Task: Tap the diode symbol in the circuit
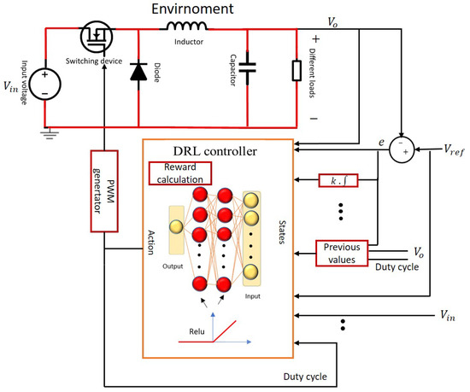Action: (x=138, y=73)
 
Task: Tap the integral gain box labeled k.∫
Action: (x=336, y=180)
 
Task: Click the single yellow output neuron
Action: (x=176, y=227)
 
